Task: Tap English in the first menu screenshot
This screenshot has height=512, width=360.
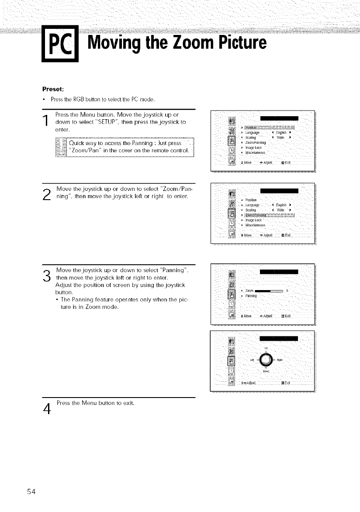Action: pos(280,132)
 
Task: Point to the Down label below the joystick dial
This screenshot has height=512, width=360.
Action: pos(266,371)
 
